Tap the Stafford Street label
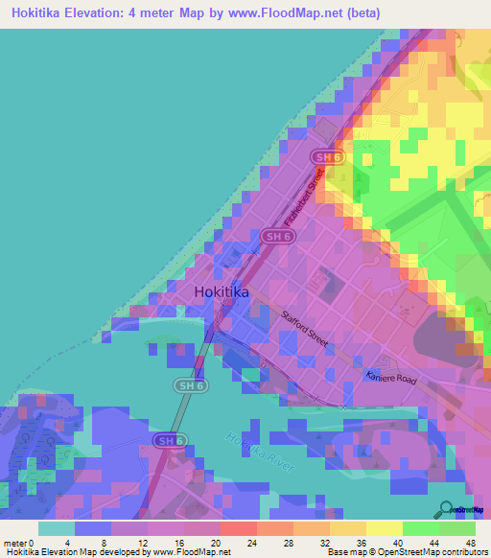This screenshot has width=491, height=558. point(305,328)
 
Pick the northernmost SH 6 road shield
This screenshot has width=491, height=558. point(322,155)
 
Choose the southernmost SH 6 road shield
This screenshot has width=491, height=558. point(168,440)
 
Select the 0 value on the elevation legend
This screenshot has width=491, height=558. point(36,543)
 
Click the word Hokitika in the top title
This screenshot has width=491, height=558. point(45,13)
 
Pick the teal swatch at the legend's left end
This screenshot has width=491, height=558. point(57,528)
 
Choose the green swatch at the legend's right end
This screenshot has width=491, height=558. point(457,528)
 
